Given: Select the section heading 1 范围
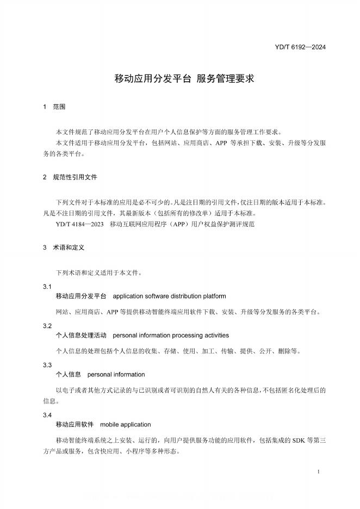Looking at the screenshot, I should (54, 108).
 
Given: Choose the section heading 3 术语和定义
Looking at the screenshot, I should (63, 247).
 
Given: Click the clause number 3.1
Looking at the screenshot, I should (47, 287).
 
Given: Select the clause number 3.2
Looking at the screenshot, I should (47, 326).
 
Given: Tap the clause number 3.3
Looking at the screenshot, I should (47, 365).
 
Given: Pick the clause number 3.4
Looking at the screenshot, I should (47, 415).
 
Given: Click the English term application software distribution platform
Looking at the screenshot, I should (169, 296).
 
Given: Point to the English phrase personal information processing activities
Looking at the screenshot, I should (171, 336).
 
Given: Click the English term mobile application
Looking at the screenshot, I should (126, 424).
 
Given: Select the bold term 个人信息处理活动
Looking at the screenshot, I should (81, 336).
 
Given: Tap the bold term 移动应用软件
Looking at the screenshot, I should (75, 424).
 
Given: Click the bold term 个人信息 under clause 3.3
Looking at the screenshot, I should (69, 375).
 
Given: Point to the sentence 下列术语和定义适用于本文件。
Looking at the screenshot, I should (99, 272).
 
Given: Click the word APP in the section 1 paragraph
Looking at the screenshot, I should (222, 143).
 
